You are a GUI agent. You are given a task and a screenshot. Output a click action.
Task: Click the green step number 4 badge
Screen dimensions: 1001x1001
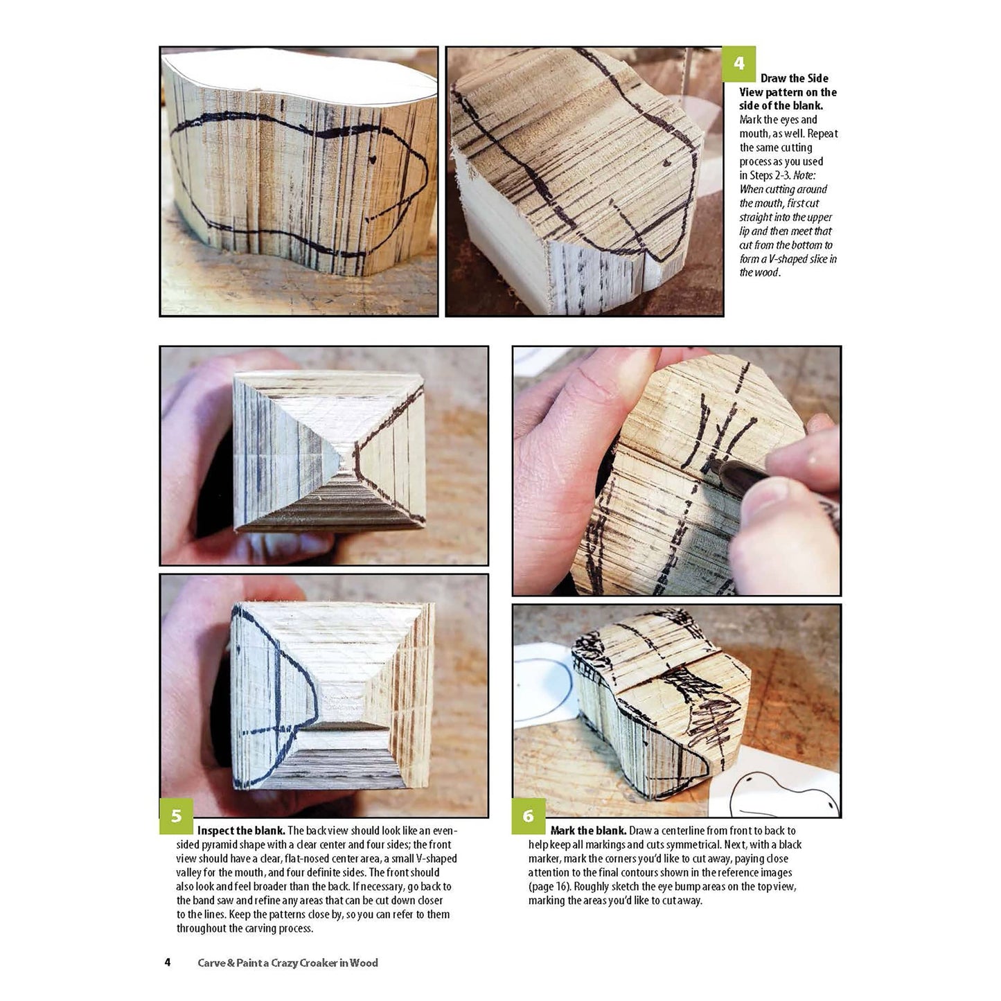[738, 64]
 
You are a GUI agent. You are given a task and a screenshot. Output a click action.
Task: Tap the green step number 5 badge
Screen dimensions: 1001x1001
[176, 816]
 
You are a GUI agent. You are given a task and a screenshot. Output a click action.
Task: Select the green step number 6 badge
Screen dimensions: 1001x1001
[529, 816]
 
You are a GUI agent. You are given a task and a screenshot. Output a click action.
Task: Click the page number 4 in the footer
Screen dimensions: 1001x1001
[167, 962]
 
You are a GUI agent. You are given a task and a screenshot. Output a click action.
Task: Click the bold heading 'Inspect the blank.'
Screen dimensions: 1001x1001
[241, 831]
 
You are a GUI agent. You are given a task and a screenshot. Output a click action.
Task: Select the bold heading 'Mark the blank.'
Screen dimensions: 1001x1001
[589, 831]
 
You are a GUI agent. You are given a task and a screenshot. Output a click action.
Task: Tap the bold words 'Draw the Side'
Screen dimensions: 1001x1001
[795, 78]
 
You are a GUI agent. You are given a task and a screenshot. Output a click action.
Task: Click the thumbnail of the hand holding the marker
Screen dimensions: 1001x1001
[676, 470]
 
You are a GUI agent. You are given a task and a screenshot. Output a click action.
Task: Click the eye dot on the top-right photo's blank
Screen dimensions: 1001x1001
[667, 163]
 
